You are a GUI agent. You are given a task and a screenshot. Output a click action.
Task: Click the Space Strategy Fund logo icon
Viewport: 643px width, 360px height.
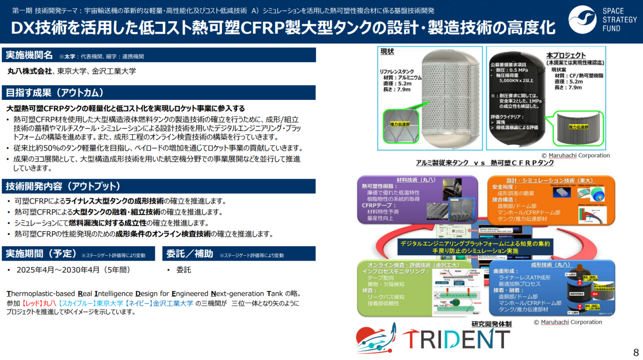582,20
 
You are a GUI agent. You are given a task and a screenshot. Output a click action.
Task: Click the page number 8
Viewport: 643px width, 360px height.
636,352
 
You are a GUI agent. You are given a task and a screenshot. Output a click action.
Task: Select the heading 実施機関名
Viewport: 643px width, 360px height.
29,55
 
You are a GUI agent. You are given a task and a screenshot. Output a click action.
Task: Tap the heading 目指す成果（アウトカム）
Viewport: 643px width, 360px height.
54,92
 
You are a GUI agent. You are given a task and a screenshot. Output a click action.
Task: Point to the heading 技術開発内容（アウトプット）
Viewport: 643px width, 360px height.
63,186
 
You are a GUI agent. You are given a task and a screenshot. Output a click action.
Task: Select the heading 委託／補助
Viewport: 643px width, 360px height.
189,254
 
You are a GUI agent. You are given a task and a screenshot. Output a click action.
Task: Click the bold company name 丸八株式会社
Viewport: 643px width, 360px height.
29,71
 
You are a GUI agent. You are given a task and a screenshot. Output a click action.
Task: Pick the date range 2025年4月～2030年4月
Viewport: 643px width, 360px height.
73,270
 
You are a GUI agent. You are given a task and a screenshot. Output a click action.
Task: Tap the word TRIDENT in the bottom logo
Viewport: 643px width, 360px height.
456,339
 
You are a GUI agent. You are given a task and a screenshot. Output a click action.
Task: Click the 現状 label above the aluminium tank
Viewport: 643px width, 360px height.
387,51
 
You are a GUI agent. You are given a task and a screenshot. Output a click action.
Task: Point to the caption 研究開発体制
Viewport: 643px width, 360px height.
491,324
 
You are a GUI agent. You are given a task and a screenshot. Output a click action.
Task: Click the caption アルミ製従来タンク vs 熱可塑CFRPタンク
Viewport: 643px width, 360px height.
485,163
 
